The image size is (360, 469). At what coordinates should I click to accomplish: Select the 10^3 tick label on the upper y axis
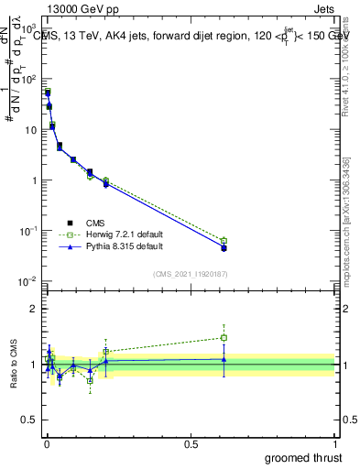[x=27, y=29]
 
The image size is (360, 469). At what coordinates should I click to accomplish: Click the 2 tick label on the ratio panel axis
[x=34, y=309]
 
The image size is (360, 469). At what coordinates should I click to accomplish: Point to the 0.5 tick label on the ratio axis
[x=29, y=420]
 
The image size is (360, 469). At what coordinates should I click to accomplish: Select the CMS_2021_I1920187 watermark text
[x=190, y=274]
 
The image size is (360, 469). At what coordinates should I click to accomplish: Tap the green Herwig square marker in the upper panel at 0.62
[x=224, y=241]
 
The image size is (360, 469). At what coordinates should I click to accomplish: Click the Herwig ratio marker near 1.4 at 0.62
[x=224, y=337]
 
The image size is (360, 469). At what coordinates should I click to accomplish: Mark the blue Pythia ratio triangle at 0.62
[x=224, y=359]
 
